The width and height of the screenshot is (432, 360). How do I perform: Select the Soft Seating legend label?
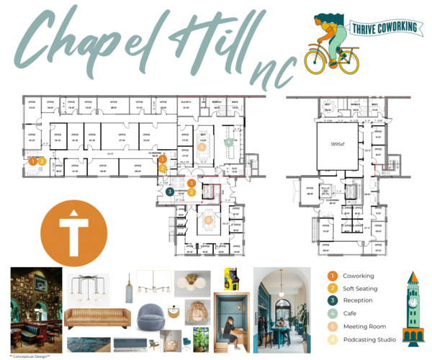click(361, 288)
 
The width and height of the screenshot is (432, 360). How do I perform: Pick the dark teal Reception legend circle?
click(333, 300)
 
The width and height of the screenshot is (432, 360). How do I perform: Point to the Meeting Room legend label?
click(364, 325)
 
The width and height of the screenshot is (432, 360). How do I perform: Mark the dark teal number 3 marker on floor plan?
click(169, 192)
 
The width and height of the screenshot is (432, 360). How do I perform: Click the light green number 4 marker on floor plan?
click(229, 142)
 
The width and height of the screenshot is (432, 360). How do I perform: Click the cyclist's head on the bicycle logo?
click(328, 22)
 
